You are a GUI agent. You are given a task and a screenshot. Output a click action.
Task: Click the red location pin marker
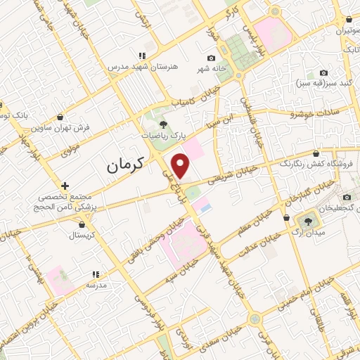(x=181, y=165)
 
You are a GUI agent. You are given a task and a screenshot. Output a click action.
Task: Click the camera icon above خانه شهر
(x=211, y=58)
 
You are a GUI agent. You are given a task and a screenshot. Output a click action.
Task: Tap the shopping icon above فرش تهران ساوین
(x=61, y=117)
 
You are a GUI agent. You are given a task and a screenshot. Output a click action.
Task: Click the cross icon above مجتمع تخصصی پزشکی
(x=65, y=186)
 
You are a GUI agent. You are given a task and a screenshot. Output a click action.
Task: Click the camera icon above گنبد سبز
(x=323, y=73)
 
